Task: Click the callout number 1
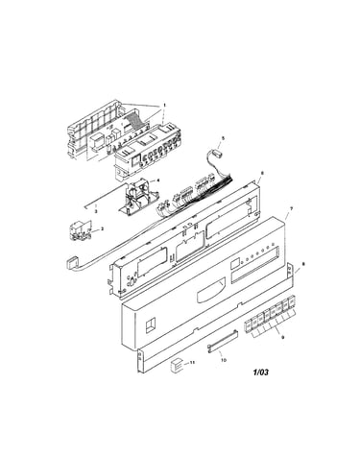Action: point(165,105)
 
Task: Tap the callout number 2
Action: point(102,228)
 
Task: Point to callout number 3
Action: point(96,211)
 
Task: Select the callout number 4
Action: point(158,180)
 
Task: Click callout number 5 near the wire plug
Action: point(224,138)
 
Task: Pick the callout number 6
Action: point(262,173)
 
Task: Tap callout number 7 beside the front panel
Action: point(291,208)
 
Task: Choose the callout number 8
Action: point(303,264)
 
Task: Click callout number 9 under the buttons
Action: point(282,337)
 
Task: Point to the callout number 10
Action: point(224,360)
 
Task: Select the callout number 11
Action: point(192,362)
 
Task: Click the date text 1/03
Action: point(261,372)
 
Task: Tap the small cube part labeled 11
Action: point(177,365)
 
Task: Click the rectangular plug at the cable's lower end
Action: point(72,263)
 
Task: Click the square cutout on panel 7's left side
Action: point(150,326)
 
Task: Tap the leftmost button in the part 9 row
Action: point(248,324)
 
